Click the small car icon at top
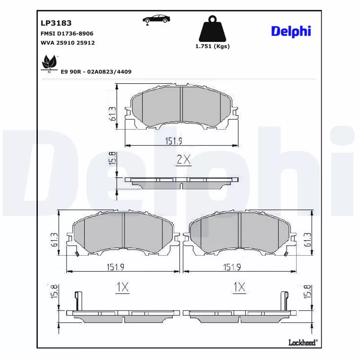[156, 19]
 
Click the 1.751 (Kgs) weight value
[212, 47]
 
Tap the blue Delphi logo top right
[291, 31]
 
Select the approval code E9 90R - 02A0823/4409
[96, 72]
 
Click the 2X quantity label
[183, 159]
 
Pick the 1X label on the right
[240, 287]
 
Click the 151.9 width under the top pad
[173, 141]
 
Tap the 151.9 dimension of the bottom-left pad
[115, 267]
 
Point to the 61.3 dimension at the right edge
[308, 240]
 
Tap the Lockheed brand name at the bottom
[302, 343]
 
